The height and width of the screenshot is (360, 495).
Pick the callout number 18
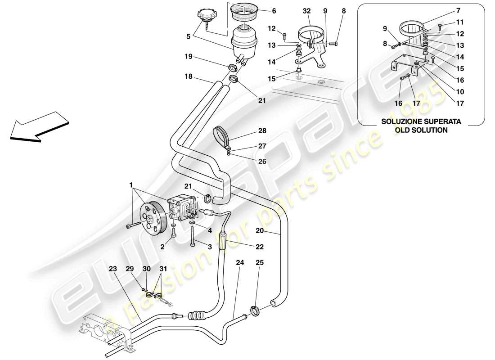pyautogui.click(x=188, y=77)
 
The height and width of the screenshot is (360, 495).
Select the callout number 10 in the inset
pyautogui.click(x=459, y=91)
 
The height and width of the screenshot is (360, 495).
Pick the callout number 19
pyautogui.click(x=188, y=57)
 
